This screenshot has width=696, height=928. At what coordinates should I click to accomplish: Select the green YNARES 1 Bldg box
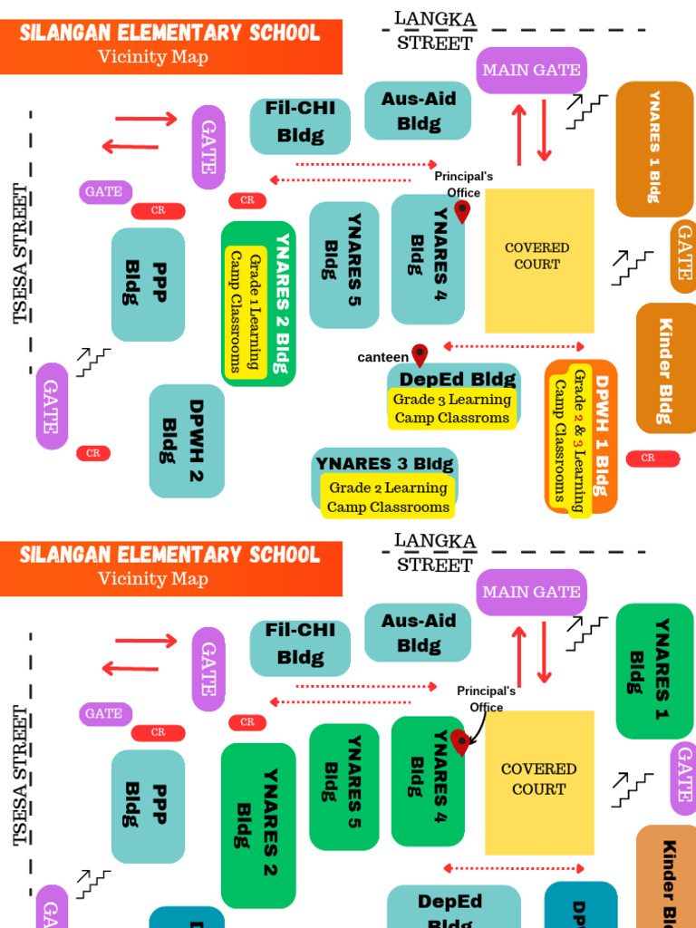pos(654,671)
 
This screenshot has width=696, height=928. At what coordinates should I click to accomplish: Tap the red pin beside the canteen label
pos(419,354)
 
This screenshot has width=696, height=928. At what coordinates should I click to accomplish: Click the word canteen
pos(382,357)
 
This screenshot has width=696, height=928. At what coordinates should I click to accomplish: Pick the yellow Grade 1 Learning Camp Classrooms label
pos(245,313)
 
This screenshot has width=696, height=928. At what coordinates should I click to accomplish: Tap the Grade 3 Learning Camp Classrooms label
pos(452,409)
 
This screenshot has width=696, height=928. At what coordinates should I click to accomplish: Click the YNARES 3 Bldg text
pos(384,464)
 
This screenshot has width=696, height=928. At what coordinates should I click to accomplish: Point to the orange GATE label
pos(683,257)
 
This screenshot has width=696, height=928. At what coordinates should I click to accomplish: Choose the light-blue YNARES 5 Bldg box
pos(343,265)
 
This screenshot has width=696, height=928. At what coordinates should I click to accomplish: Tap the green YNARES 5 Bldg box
pos(343,787)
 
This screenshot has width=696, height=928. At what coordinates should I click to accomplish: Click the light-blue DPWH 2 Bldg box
pos(186,441)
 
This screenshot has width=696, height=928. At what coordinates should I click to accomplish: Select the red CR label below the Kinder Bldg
pos(652,459)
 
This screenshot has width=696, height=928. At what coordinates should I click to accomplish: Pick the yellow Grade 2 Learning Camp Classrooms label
pos(387,498)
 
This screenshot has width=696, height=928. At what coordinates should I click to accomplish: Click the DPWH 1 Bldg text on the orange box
pos(601,435)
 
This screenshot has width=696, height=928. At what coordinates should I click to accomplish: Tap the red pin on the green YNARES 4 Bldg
pos(460,742)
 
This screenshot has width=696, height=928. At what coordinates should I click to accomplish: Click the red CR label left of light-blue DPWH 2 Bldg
pos(93,453)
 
